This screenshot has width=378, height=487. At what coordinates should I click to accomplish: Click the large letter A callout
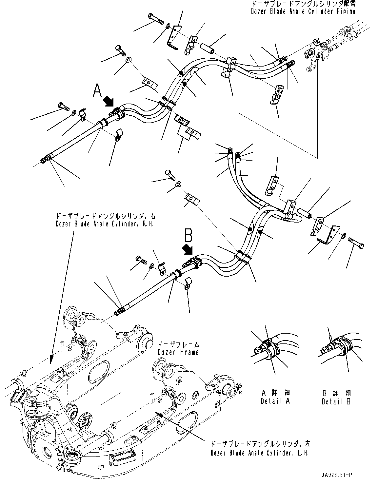[97, 90]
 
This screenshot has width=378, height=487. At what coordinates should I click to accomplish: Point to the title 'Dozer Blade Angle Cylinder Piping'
[303, 11]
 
